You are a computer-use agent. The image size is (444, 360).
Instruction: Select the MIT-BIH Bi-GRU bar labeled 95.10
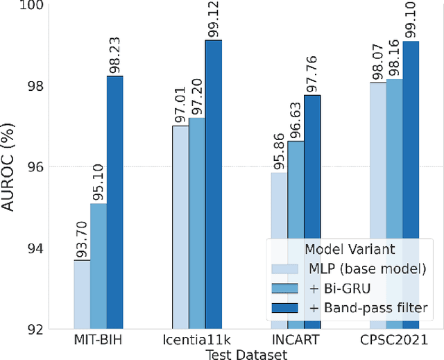click(x=99, y=266)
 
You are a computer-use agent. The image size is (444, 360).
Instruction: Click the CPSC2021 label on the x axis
click(x=394, y=341)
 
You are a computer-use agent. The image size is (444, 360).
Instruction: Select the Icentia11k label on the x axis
click(x=197, y=341)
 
